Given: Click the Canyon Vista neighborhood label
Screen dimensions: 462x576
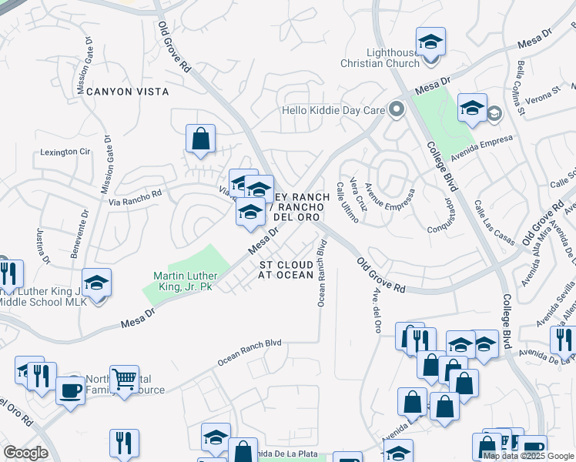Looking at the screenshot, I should tap(128, 92).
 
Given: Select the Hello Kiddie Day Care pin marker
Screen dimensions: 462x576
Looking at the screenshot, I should tap(397, 110).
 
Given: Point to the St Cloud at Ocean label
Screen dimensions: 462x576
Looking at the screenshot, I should tap(286, 269).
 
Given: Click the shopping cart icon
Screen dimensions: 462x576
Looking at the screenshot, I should tap(123, 378).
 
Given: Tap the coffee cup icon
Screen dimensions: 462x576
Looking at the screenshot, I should tap(70, 390).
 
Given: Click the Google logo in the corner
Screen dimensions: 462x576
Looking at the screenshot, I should tap(26, 453).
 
